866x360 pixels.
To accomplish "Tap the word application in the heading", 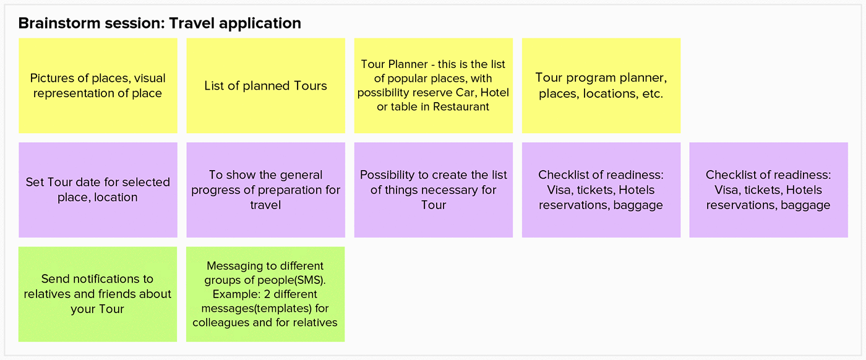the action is click(x=260, y=24).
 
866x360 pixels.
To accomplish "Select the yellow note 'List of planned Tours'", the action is click(x=265, y=85).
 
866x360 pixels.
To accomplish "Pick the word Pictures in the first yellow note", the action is click(x=52, y=78).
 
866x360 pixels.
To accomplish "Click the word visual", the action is click(x=150, y=78).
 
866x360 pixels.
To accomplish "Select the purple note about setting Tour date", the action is click(x=98, y=190).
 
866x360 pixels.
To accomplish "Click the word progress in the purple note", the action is click(x=215, y=191).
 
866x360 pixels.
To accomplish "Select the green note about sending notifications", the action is click(x=98, y=294).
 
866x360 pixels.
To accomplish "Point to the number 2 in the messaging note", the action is click(x=267, y=294).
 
